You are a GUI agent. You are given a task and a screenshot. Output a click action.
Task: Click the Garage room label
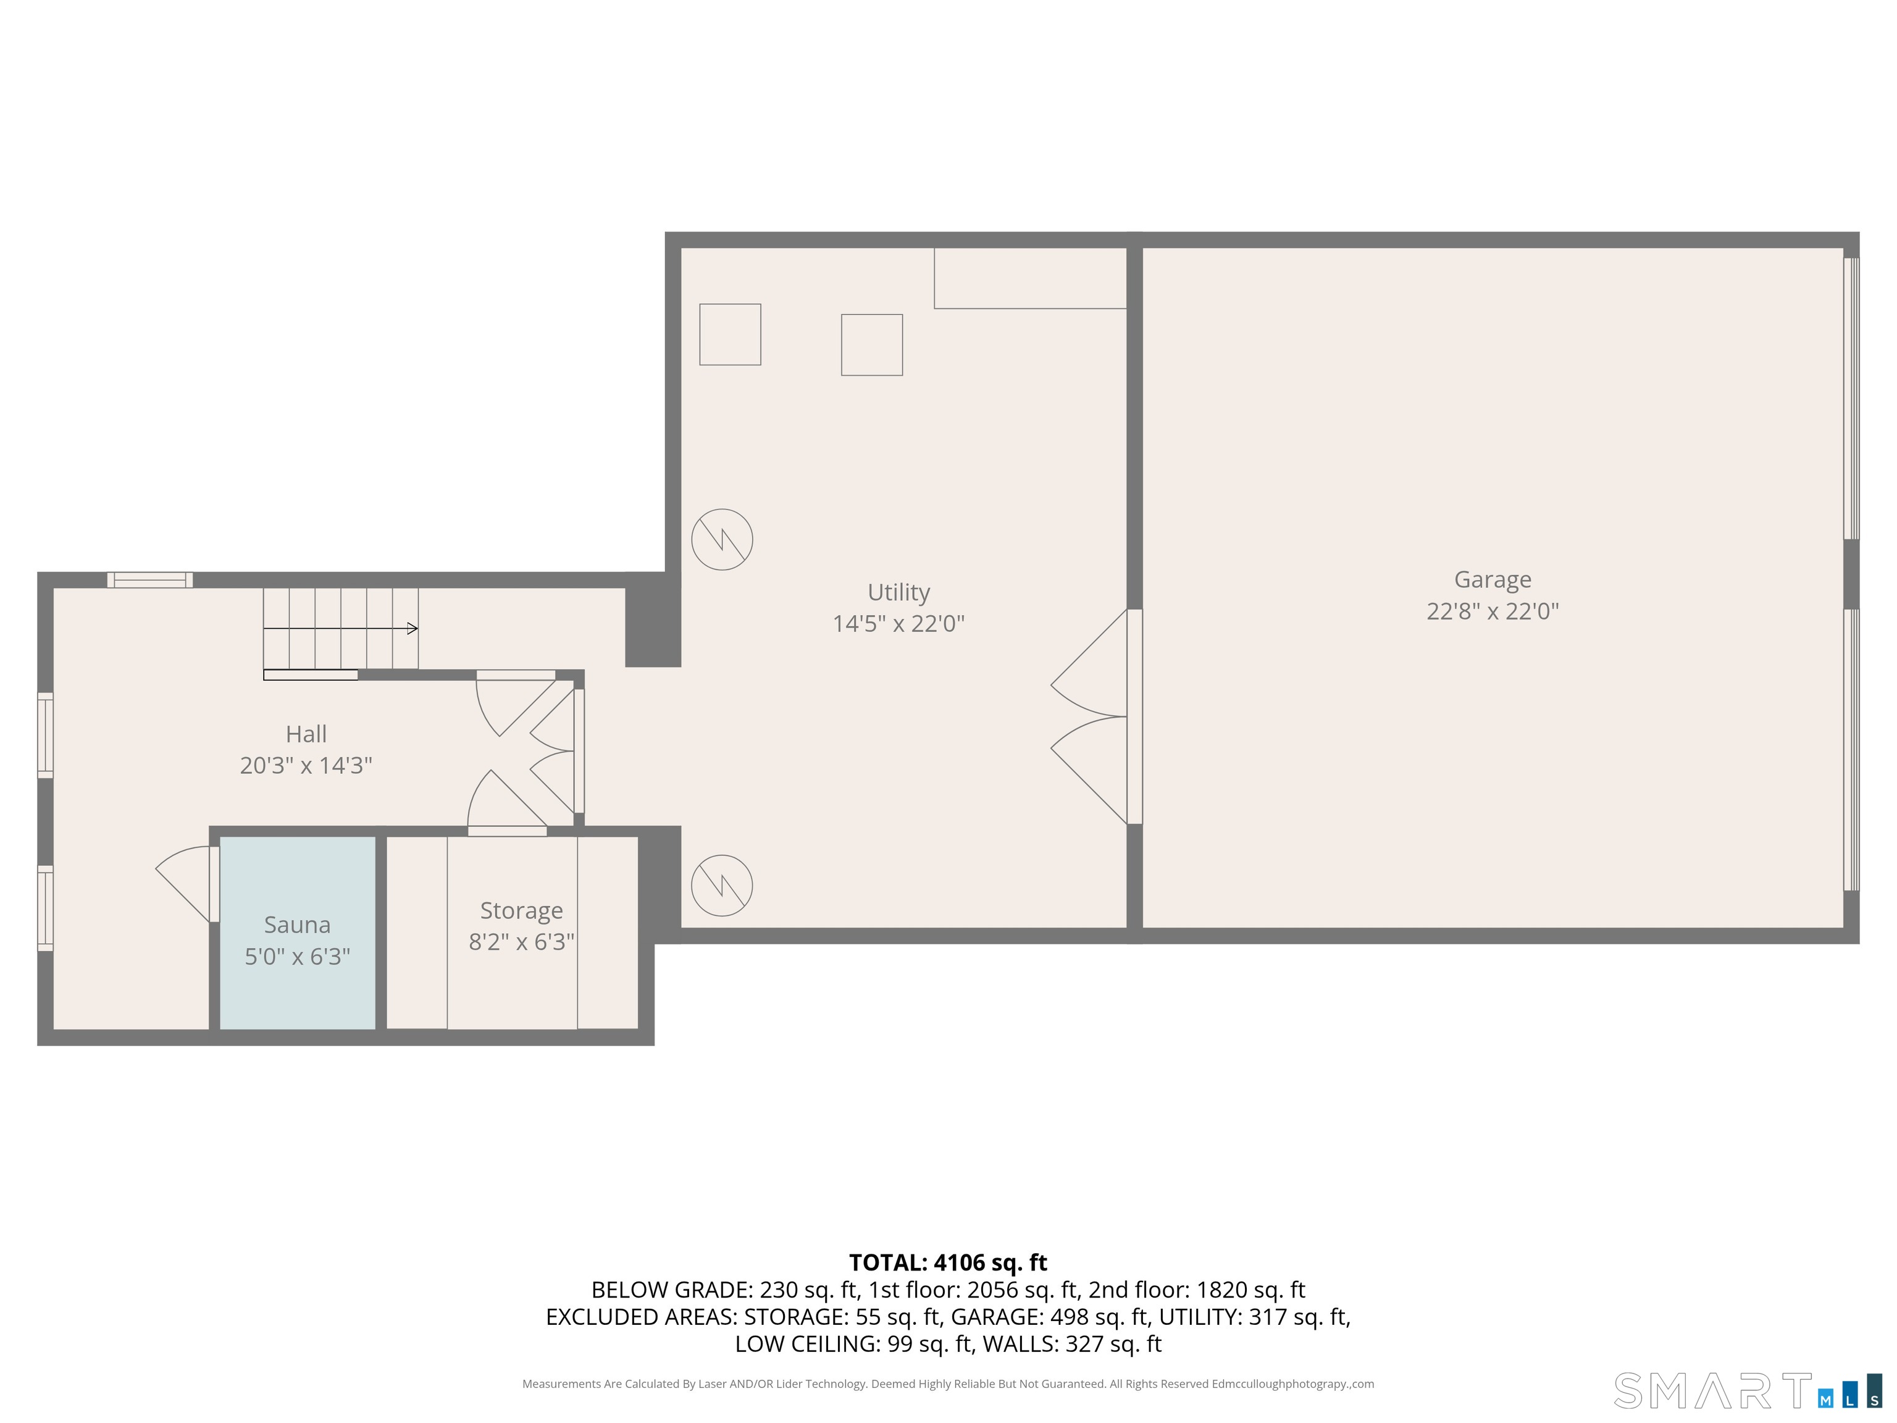[x=1492, y=580]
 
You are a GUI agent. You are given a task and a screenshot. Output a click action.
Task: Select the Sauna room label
[x=297, y=925]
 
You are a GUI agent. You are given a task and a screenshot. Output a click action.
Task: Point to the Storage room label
[x=521, y=910]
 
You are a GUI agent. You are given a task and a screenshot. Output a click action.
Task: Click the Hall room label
[x=306, y=734]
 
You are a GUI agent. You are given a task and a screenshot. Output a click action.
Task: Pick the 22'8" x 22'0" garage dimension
[x=1492, y=611]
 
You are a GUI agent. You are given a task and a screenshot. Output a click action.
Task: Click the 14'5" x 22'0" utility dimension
[x=898, y=624]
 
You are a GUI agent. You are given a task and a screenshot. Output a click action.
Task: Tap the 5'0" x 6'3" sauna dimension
[x=297, y=956]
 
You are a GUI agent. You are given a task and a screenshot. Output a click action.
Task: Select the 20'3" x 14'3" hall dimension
[x=306, y=765]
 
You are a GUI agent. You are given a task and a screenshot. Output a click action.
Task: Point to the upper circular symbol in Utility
[x=722, y=540]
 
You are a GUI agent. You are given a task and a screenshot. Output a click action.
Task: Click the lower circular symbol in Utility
[x=722, y=885]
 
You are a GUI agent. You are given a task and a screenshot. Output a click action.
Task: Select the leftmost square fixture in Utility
[x=730, y=335]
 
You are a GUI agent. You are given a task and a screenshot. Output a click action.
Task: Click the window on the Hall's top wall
[x=150, y=581]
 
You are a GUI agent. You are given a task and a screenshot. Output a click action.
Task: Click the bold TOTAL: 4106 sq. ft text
[x=948, y=1262]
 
